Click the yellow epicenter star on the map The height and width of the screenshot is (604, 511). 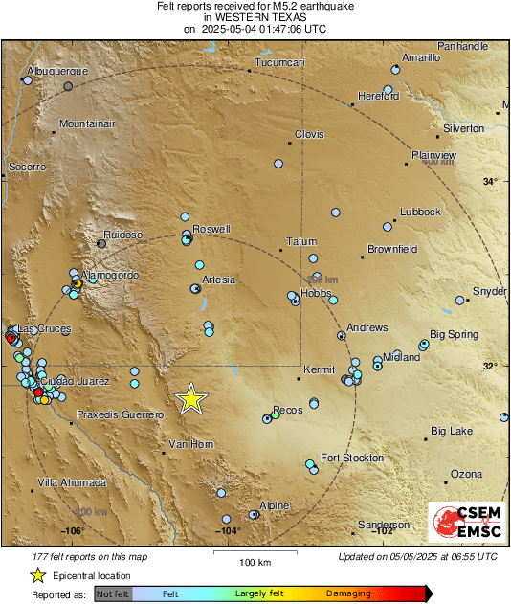pos(192,398)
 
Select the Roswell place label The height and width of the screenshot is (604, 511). pos(211,230)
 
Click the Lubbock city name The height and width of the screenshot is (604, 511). pos(420,212)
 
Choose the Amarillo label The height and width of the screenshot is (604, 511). pos(421,57)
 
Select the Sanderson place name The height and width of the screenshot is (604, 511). pos(384,525)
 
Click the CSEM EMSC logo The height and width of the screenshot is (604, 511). pos(467,523)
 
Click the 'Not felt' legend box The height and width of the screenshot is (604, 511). pos(112,593)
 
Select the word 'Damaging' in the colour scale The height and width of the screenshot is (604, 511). pos(348,593)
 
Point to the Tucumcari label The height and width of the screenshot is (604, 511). pos(279,63)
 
